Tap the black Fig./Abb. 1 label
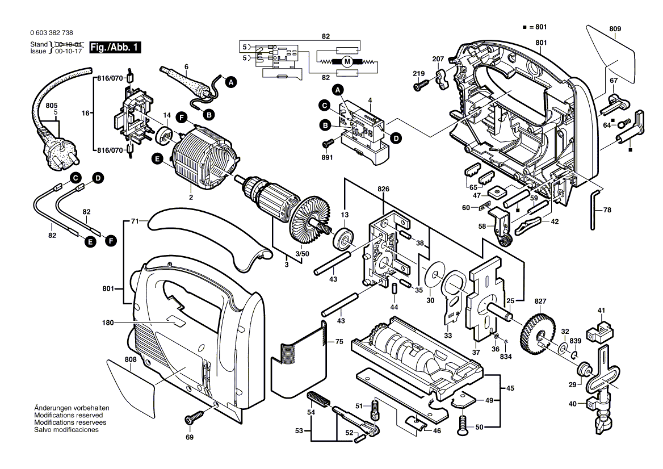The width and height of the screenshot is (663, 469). click(119, 48)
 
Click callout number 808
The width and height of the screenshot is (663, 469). click(130, 359)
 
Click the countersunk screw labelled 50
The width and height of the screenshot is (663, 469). click(463, 422)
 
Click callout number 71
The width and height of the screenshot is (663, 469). click(135, 220)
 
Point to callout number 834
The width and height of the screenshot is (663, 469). click(505, 356)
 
